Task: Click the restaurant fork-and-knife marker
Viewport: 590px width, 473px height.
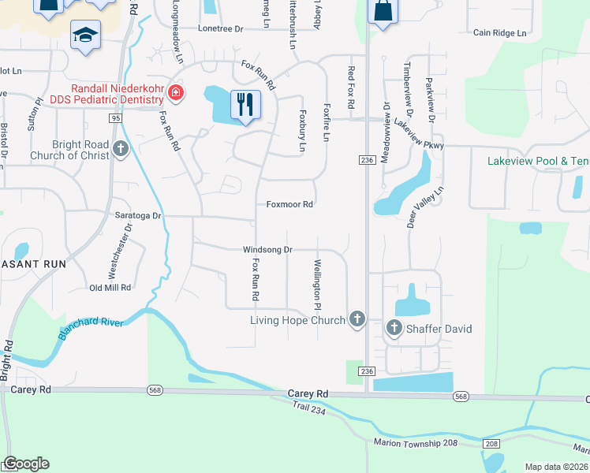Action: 245,104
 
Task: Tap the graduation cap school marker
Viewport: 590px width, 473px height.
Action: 85,35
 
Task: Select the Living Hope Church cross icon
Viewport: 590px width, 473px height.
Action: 357,319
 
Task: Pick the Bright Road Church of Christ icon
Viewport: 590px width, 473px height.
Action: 120,148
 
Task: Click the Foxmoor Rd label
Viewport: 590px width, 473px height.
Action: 290,204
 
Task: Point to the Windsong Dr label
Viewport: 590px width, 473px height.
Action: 267,249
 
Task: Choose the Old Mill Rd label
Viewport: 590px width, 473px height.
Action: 110,288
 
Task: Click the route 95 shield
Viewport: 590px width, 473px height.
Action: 115,118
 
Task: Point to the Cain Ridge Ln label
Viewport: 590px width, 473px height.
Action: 499,33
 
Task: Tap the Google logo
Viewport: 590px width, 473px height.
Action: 26,464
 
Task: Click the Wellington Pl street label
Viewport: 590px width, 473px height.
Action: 318,285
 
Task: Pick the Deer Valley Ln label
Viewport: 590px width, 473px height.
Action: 426,207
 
